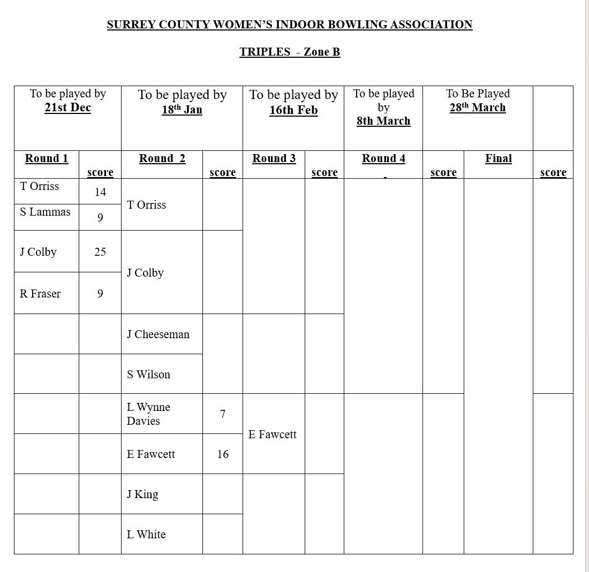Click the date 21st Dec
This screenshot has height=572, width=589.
point(67,108)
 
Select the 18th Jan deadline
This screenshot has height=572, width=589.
point(182,110)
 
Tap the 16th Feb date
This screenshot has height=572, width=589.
point(293,110)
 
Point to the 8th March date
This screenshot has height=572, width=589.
point(383,121)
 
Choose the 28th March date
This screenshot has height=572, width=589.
point(478,108)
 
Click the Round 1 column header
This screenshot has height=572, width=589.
point(47,158)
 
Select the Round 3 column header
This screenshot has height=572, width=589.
point(274,158)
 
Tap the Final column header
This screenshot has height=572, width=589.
point(499,158)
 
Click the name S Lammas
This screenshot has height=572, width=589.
point(45,212)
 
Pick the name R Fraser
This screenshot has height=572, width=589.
point(40,294)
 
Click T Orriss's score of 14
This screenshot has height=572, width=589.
point(100,192)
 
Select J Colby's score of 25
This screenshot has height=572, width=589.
point(100,252)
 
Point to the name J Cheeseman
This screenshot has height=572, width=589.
point(158,334)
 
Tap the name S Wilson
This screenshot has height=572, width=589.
point(148,375)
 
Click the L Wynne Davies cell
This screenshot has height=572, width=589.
point(148,414)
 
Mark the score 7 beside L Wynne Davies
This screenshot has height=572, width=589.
point(223,414)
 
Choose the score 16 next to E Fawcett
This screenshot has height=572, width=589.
point(223,454)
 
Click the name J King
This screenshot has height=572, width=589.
point(142,494)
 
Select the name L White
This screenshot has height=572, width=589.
point(146,535)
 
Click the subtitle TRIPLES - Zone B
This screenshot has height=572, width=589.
point(290,52)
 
